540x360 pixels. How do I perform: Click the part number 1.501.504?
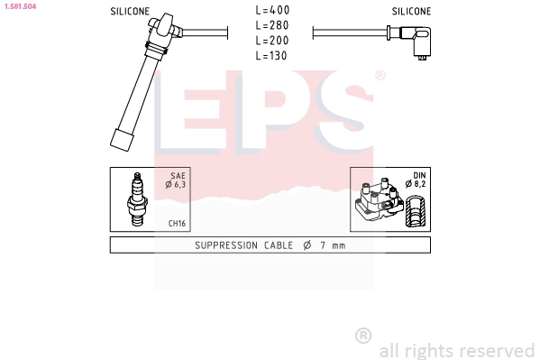(21, 6)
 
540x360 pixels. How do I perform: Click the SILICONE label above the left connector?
(130, 12)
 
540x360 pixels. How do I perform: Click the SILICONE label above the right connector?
(411, 12)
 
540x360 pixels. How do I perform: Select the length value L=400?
(272, 10)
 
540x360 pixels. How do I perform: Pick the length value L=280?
(272, 25)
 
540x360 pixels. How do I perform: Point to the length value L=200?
(272, 41)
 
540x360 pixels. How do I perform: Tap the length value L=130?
(271, 56)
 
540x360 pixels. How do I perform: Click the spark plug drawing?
(137, 199)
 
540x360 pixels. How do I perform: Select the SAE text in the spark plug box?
(178, 176)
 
